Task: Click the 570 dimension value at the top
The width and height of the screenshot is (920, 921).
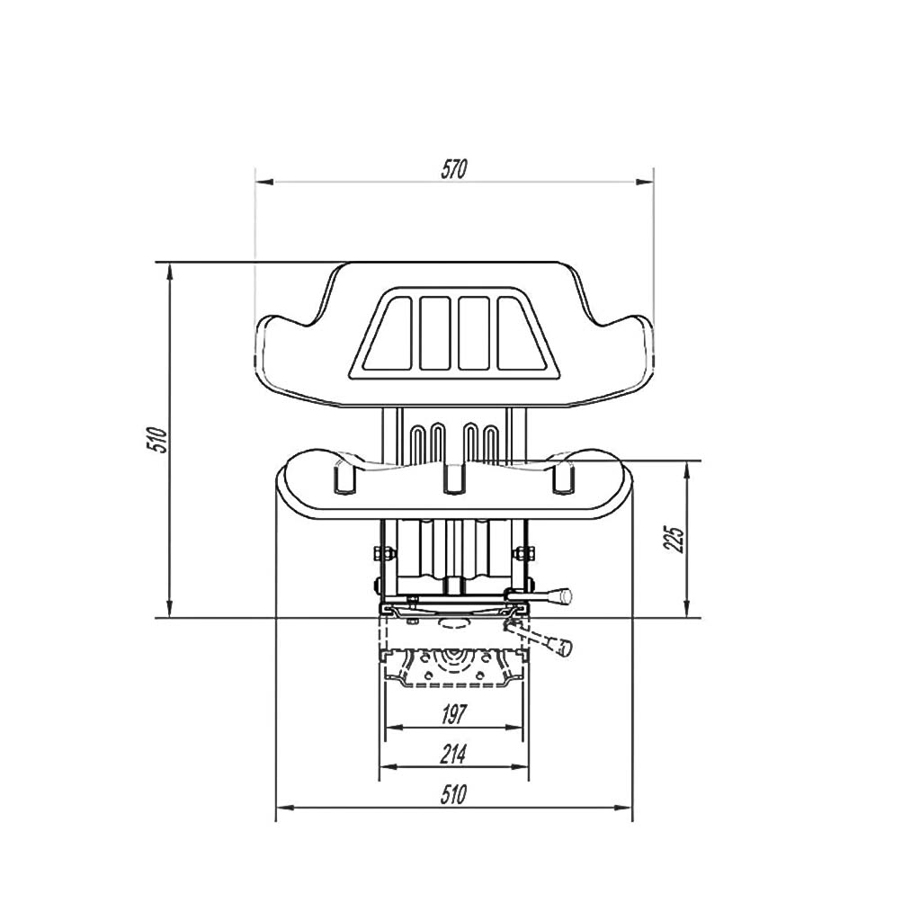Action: click(x=453, y=169)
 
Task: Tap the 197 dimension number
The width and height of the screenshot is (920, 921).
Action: click(x=453, y=714)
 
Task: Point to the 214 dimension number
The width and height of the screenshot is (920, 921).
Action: click(x=453, y=755)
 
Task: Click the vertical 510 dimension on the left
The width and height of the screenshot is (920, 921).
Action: click(x=156, y=439)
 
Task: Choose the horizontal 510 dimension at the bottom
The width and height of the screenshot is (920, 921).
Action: click(x=453, y=794)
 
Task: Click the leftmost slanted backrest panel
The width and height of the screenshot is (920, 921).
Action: click(x=388, y=334)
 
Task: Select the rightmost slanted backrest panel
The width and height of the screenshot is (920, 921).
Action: click(x=523, y=334)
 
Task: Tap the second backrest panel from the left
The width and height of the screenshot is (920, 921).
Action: click(x=435, y=334)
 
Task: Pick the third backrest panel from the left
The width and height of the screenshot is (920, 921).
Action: click(x=474, y=334)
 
